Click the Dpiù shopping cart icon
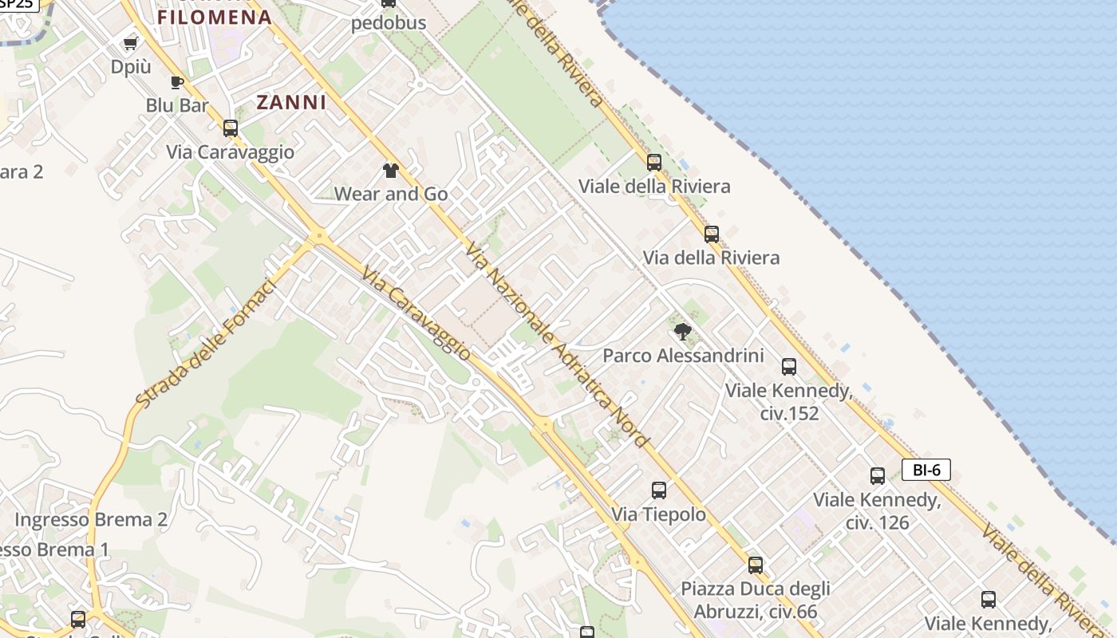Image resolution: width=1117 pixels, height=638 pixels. [130, 43]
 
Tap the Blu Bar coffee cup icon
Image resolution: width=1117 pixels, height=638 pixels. [177, 81]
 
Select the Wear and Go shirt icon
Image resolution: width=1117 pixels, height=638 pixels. [390, 170]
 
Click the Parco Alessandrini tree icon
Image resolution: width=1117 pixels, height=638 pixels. [682, 331]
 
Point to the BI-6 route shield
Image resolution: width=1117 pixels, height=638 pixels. [926, 470]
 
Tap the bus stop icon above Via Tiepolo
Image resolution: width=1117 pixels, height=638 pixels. [659, 490]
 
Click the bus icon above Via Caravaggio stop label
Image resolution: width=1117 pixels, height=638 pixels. [231, 128]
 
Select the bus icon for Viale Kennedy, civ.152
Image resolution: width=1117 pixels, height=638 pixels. [789, 366]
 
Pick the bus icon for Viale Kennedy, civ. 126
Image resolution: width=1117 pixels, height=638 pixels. [878, 475]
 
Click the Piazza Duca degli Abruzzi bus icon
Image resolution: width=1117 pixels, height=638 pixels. [756, 565]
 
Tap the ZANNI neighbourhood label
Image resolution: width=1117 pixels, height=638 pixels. [291, 102]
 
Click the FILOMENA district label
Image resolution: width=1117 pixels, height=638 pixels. [215, 18]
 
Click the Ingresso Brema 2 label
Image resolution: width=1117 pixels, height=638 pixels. [91, 520]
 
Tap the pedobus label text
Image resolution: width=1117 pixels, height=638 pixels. [389, 23]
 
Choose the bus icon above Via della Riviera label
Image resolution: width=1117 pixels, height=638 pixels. [712, 234]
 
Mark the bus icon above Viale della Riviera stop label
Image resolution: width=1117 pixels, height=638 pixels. [654, 162]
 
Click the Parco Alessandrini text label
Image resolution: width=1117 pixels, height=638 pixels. [683, 356]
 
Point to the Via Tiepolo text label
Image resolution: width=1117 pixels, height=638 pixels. [659, 514]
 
